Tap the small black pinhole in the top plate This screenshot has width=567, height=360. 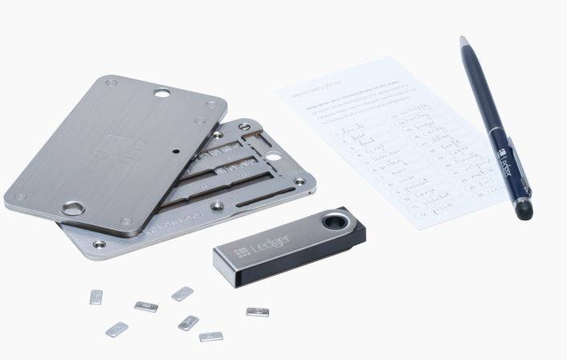pyautogui.click(x=174, y=149)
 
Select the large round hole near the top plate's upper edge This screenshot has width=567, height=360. pyautogui.click(x=161, y=93)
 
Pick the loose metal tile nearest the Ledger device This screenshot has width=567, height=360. pyautogui.click(x=257, y=312)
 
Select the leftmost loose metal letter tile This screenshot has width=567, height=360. pyautogui.click(x=96, y=297)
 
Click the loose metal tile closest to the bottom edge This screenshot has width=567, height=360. pyautogui.click(x=210, y=336)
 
